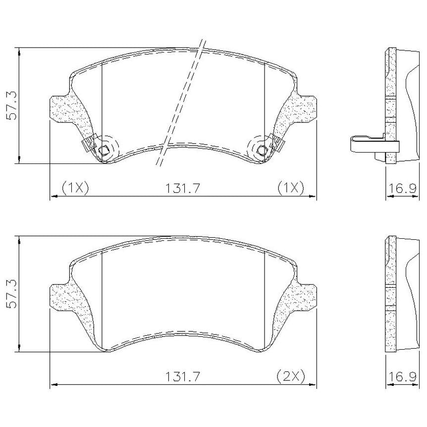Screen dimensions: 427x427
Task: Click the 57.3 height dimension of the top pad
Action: pos(12,106)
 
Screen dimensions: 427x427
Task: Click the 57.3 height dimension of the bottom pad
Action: pos(12,294)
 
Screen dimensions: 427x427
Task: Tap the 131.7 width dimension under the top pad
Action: pos(183,188)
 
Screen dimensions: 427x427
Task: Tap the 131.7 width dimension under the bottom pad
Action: pos(183,376)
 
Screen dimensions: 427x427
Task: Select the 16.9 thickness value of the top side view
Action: pos(402,188)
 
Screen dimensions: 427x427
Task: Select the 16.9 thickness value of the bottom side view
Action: pos(402,376)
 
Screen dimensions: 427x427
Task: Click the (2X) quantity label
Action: pos(291,376)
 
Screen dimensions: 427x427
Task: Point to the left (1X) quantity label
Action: pos(75,188)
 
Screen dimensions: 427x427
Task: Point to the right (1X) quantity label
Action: pos(291,188)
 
